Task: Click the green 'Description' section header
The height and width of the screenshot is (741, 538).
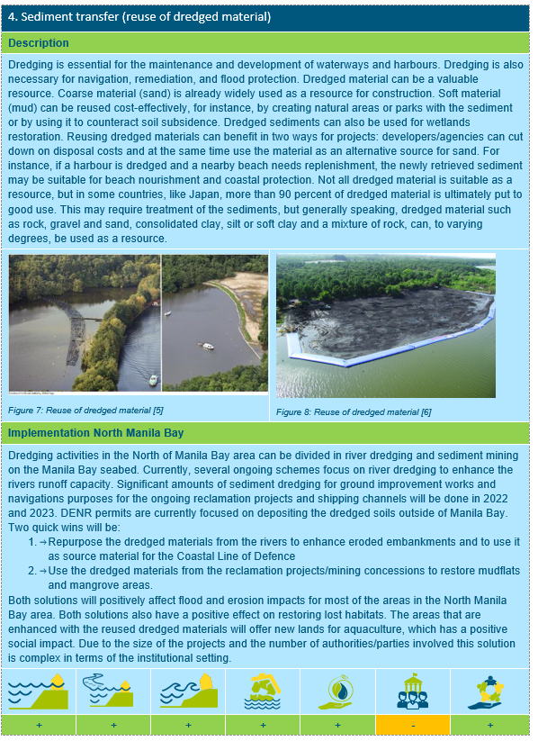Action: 39,43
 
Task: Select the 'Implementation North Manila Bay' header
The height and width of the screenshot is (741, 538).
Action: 96,433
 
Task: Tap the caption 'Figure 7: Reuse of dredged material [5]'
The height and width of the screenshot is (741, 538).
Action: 85,410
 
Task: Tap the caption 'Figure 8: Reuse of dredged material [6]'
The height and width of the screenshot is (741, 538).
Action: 354,411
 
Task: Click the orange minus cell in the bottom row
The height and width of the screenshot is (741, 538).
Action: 413,724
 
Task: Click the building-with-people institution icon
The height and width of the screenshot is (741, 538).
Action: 413,691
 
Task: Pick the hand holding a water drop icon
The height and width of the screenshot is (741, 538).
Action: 338,691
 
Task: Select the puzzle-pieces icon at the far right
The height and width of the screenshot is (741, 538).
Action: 489,691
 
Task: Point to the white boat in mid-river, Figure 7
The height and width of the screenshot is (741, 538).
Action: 207,346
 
